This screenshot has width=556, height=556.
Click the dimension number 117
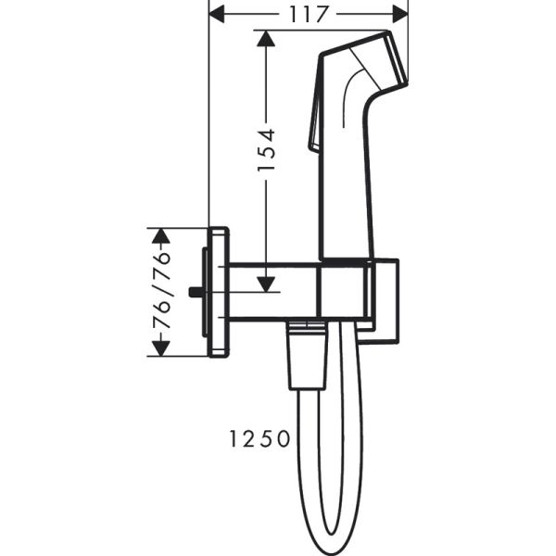[309, 14]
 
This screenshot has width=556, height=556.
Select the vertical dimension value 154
[266, 150]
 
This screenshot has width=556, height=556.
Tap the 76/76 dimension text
[161, 290]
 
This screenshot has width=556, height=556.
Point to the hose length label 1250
[259, 437]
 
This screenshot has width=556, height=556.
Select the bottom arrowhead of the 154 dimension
[266, 284]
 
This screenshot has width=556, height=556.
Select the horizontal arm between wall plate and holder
[273, 292]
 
